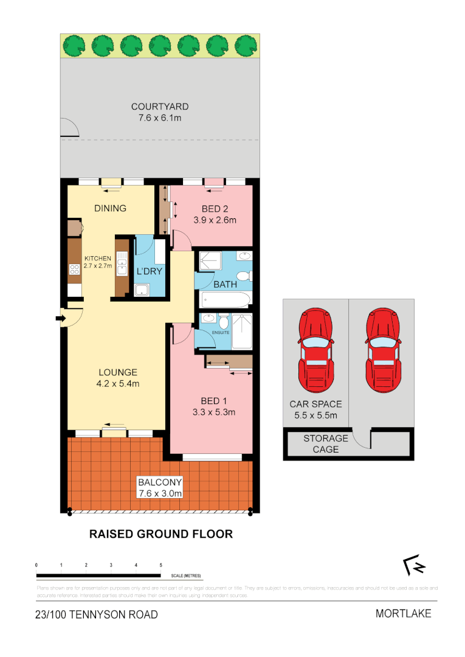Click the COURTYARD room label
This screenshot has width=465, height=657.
point(159,107)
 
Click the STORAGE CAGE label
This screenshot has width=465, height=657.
point(326,443)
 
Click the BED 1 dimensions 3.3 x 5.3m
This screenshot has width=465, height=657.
point(214,412)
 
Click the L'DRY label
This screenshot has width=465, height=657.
point(150,271)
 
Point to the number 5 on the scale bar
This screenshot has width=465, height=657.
point(160,565)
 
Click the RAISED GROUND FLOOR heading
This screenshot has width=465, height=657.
point(161,534)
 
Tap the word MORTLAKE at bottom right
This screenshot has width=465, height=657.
point(403,613)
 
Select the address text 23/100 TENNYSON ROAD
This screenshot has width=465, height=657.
point(96,614)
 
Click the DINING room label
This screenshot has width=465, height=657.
point(110,208)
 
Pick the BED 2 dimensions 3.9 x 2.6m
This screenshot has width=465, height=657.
point(215,220)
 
